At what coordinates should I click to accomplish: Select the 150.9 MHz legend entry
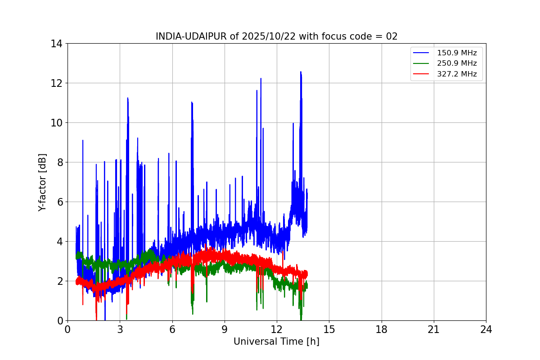(x=457, y=53)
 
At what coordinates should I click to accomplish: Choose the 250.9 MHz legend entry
(x=457, y=63)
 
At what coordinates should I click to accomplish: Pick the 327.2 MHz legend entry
(x=457, y=74)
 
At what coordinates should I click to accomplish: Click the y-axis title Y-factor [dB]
(x=42, y=182)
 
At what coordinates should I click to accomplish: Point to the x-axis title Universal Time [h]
(x=276, y=342)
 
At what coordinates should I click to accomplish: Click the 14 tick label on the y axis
(x=56, y=44)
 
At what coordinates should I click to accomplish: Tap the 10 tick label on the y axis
(x=56, y=123)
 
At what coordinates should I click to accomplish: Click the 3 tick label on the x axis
(x=120, y=329)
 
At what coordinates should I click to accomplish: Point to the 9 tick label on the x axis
(x=225, y=329)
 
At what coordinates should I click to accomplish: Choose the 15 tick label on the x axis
(x=329, y=329)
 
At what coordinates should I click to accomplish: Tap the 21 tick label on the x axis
(x=434, y=329)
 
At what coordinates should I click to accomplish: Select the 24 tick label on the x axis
(x=486, y=329)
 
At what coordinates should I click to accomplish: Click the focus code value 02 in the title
(x=392, y=36)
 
